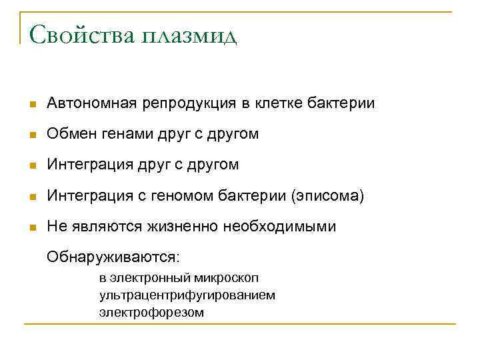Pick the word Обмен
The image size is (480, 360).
point(69,134)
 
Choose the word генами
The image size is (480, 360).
point(125,135)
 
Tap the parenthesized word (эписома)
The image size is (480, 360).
point(327,196)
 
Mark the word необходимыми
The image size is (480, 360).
point(279,227)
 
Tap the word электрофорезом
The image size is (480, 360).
point(152,311)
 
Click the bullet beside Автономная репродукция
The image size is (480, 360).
point(31,105)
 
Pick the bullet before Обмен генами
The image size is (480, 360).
point(31,135)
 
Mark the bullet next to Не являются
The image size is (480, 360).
point(31,227)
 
